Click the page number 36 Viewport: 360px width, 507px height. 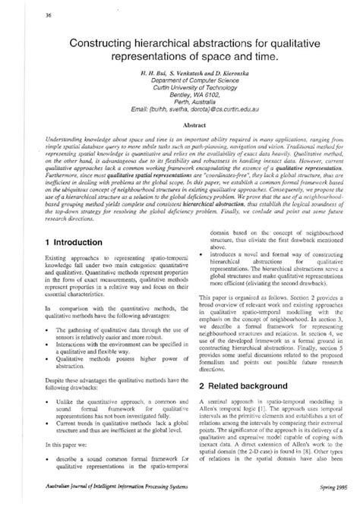click(x=27, y=15)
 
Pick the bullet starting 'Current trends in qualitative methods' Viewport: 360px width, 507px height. click(x=114, y=435)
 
